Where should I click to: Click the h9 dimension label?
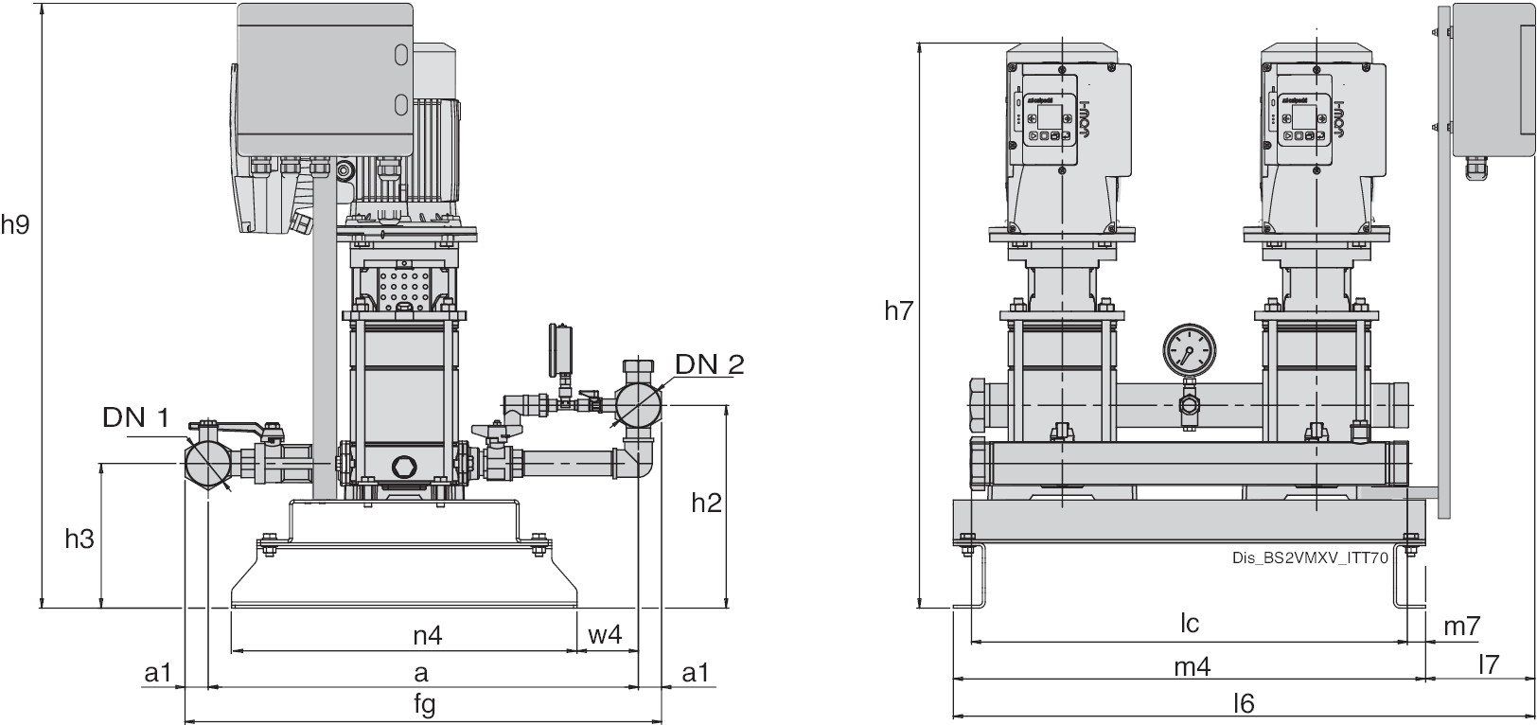(x=16, y=225)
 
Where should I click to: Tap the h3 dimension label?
(x=79, y=539)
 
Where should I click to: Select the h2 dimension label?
(x=706, y=504)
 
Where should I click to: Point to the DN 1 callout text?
(x=135, y=417)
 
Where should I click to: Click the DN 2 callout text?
(x=709, y=364)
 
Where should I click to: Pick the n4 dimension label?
(x=427, y=635)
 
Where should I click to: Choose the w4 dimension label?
(x=605, y=635)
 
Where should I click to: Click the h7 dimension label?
(x=899, y=309)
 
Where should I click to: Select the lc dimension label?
(x=1190, y=623)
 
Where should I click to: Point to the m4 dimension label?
(x=1192, y=666)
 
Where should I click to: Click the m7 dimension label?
(x=1461, y=626)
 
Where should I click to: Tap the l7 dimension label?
(x=1489, y=664)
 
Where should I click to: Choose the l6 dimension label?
(x=1244, y=703)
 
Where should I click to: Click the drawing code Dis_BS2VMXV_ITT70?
(x=1310, y=558)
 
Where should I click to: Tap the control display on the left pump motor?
(x=1049, y=118)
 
